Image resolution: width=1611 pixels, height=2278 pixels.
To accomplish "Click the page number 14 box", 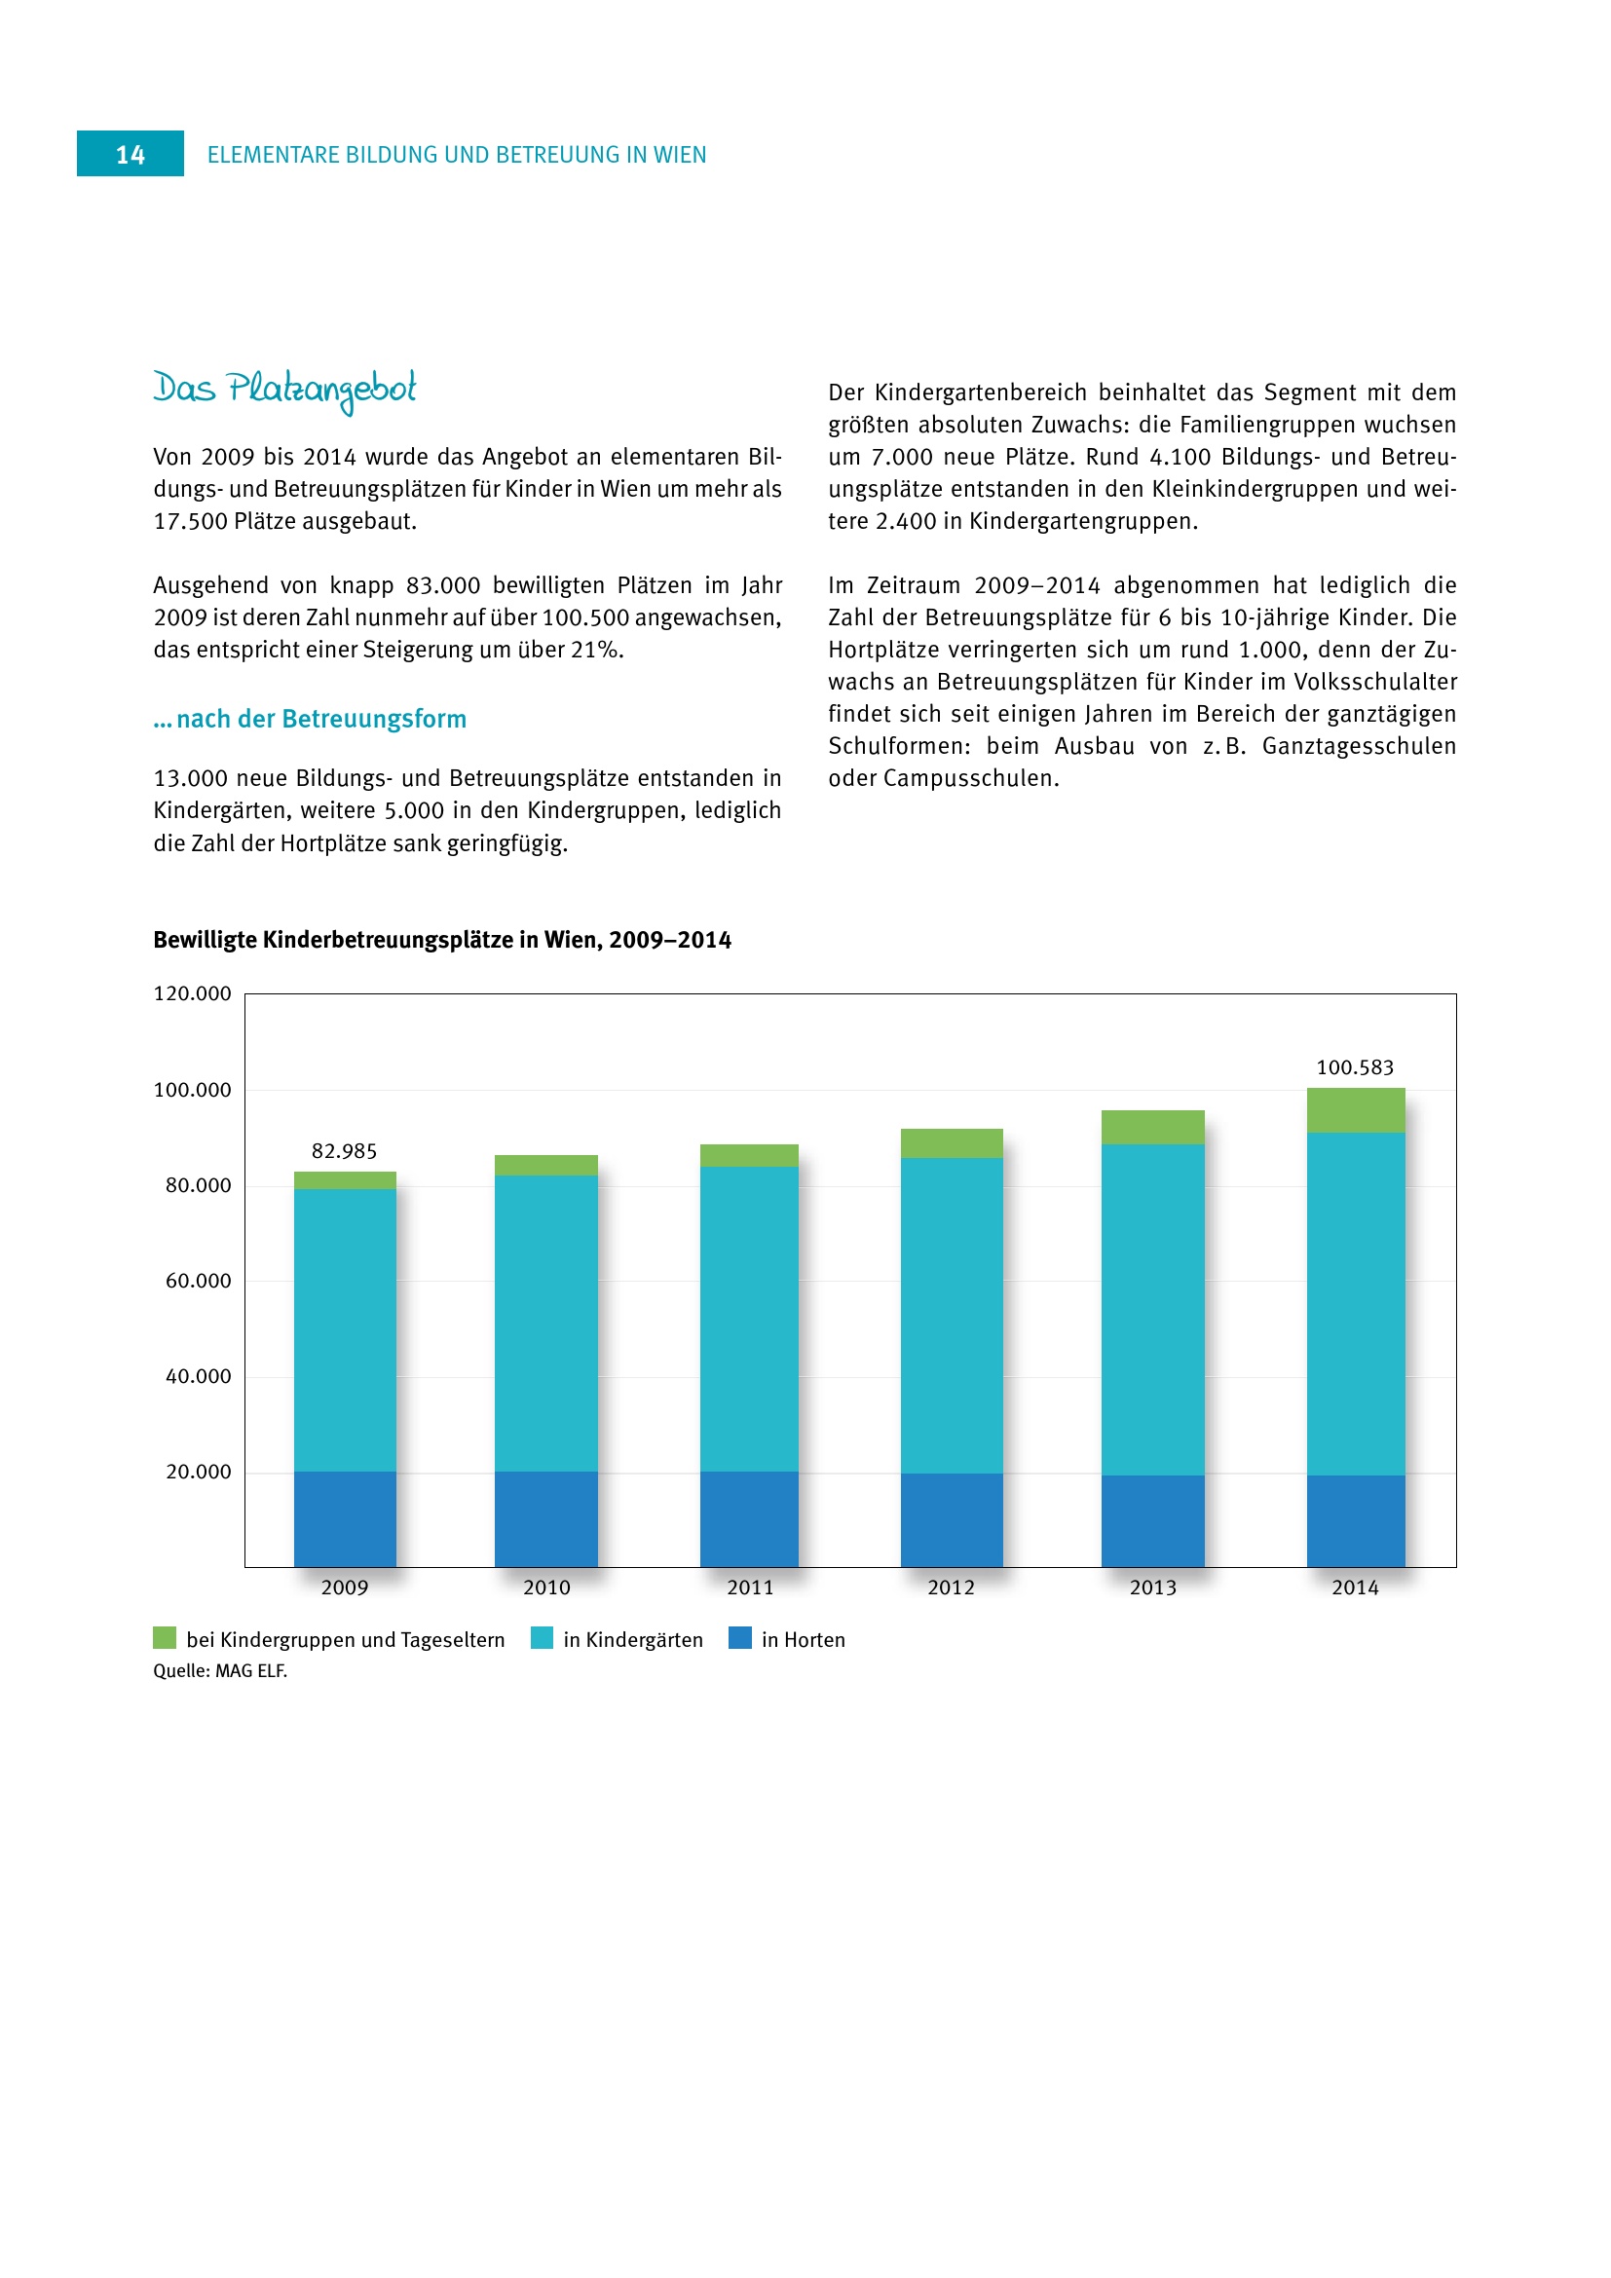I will pyautogui.click(x=130, y=154).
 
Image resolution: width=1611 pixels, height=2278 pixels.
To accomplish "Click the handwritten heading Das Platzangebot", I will pyautogui.click(x=284, y=388).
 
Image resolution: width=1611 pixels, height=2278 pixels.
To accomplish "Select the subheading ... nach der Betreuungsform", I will pyautogui.click(x=310, y=719).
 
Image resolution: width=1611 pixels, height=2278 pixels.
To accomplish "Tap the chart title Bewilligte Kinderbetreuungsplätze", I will pyautogui.click(x=441, y=940).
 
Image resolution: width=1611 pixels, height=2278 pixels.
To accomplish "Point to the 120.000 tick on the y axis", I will pyautogui.click(x=193, y=993).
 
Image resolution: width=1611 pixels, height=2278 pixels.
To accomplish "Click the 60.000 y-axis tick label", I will pyautogui.click(x=199, y=1281).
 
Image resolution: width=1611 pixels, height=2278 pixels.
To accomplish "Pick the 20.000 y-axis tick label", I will pyautogui.click(x=199, y=1472).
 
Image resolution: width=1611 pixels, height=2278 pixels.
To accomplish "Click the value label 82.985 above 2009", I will pyautogui.click(x=344, y=1151).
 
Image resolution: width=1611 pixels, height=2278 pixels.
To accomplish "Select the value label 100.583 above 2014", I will pyautogui.click(x=1354, y=1067).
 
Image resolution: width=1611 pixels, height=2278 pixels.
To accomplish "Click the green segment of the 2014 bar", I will pyautogui.click(x=1355, y=1110).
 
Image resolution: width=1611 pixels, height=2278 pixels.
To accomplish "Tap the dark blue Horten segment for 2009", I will pyautogui.click(x=345, y=1518).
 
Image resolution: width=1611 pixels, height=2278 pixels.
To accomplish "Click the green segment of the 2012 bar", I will pyautogui.click(x=952, y=1143).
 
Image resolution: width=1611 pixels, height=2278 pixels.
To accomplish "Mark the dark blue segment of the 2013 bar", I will pyautogui.click(x=1152, y=1520).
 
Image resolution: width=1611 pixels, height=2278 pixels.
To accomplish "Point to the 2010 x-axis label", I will pyautogui.click(x=546, y=1587).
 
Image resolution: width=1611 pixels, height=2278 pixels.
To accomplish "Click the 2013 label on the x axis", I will pyautogui.click(x=1152, y=1587).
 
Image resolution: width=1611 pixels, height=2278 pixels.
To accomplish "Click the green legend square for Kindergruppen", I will pyautogui.click(x=165, y=1638).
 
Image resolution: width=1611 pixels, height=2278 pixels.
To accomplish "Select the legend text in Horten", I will pyautogui.click(x=803, y=1640).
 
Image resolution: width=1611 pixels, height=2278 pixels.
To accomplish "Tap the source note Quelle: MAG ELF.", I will pyautogui.click(x=220, y=1671).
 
